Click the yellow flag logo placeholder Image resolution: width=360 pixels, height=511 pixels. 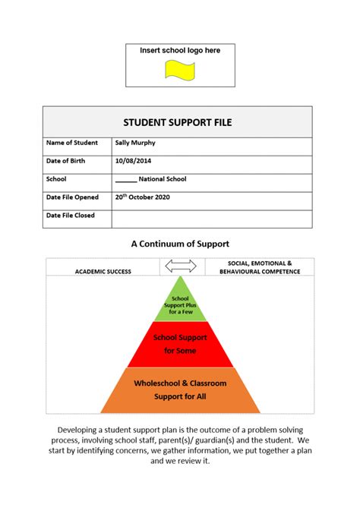point(180,70)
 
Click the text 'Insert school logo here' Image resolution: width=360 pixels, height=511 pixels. point(180,50)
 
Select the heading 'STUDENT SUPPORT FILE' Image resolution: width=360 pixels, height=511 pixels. point(177,122)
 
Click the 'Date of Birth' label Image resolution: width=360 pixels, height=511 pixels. point(66,161)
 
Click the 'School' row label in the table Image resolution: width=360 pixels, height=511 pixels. point(56,179)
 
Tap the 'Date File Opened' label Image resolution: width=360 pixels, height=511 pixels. point(72,197)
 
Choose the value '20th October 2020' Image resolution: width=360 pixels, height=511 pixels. point(142,197)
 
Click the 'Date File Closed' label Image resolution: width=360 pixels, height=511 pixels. point(71,216)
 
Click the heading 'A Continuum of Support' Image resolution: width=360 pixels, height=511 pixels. point(180,244)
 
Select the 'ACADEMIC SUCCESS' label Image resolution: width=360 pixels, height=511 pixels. point(103,271)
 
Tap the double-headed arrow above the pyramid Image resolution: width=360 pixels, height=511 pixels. point(181,266)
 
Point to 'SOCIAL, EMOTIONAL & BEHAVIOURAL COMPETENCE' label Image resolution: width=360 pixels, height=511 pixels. point(259,267)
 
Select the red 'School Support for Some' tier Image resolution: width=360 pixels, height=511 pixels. point(181,344)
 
